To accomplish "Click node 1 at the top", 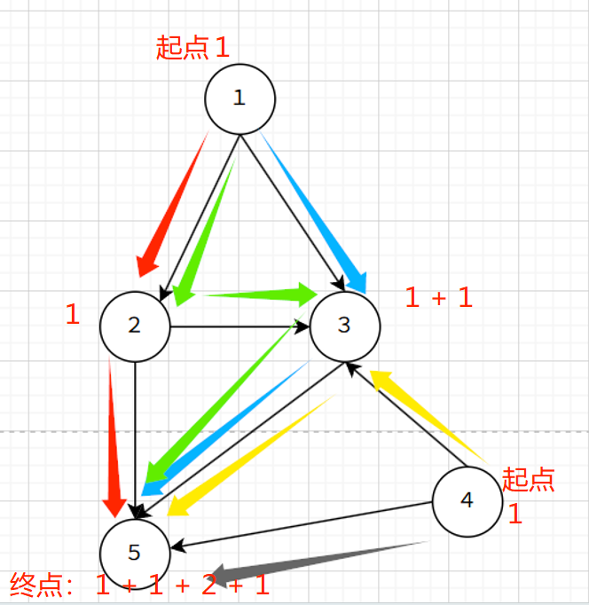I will [x=240, y=98].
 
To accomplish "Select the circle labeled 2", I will [x=135, y=325].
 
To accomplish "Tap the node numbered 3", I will [x=344, y=325].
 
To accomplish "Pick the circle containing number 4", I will [x=467, y=501].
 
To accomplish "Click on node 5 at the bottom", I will [x=135, y=553].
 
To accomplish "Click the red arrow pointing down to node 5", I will [x=113, y=435].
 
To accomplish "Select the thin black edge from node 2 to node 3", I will [x=240, y=326].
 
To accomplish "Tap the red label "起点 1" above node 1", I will [x=192, y=48].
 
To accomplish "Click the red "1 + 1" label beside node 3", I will [x=438, y=298].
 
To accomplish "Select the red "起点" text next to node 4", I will [x=528, y=479].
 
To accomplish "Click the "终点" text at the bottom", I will [x=34, y=585].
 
